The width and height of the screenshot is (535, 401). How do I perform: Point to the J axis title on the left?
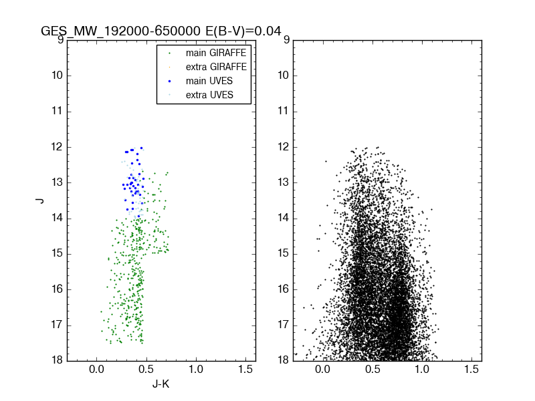40,200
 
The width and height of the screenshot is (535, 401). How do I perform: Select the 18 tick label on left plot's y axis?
58,360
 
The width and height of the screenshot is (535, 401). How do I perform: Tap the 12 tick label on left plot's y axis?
58,146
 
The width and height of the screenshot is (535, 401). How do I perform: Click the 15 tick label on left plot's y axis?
58,253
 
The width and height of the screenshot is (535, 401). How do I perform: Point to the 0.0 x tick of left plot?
97,370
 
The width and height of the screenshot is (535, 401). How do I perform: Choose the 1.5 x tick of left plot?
245,370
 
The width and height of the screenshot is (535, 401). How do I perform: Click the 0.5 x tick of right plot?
372,370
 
